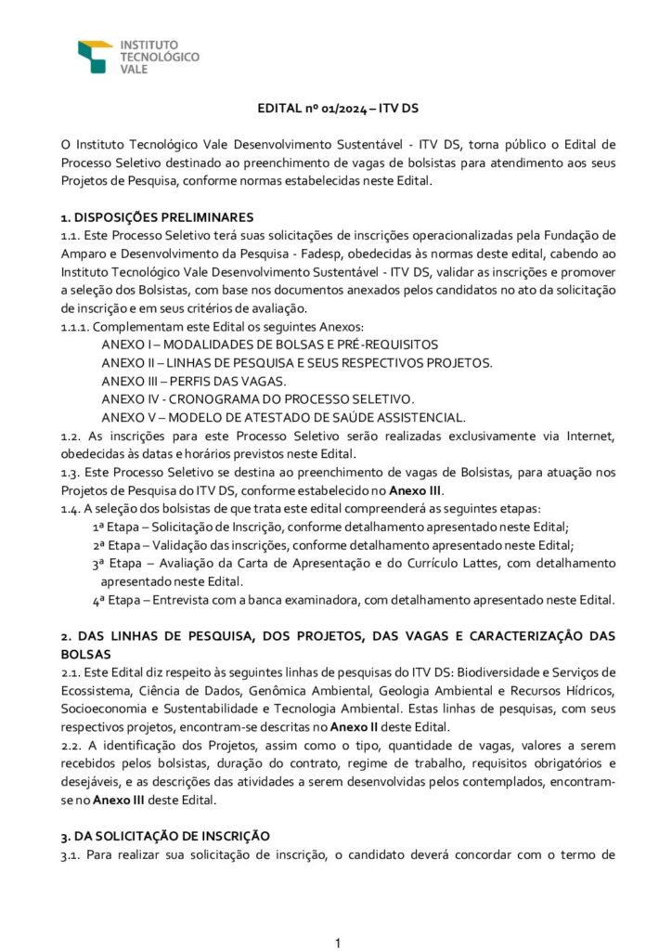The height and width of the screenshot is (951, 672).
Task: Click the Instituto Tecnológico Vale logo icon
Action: click(x=95, y=56)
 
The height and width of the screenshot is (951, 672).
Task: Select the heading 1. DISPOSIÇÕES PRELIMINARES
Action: click(x=154, y=218)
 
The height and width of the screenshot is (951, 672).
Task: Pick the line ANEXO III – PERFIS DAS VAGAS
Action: click(x=194, y=380)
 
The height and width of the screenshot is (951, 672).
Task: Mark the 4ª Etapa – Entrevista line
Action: click(x=353, y=599)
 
